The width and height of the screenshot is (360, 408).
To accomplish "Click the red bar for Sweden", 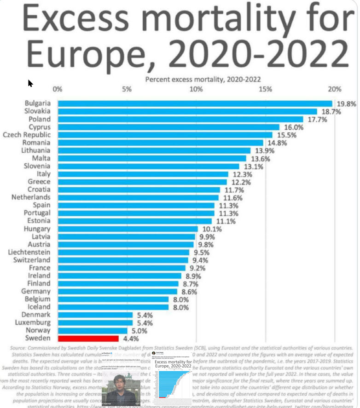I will point(88,339).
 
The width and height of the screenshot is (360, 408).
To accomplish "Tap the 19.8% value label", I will point(346,104).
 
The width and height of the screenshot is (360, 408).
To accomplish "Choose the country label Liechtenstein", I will point(30,253).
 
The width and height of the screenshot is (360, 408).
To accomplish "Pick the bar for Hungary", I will point(128,229).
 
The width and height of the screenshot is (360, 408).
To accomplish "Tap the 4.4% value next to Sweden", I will point(130,339).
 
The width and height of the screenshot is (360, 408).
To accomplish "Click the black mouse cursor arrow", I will point(30,83).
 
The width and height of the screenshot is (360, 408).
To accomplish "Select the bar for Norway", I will point(92,330).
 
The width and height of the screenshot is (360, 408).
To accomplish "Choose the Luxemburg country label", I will point(32,322).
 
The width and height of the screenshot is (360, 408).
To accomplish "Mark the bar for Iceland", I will point(113,307).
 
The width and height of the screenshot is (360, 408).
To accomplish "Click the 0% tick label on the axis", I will point(58,89).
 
